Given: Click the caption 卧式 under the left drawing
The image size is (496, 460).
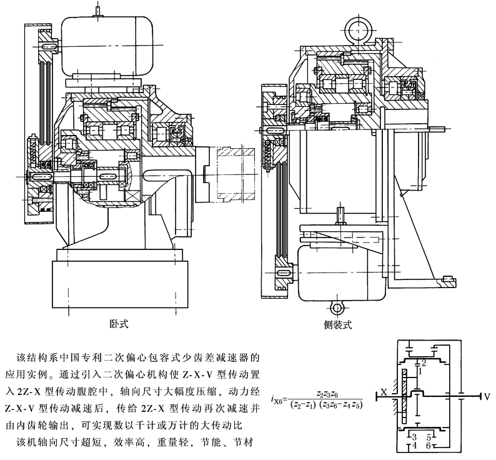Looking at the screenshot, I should tap(117, 323).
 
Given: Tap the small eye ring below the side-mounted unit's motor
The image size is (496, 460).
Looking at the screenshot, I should tap(339, 307).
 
